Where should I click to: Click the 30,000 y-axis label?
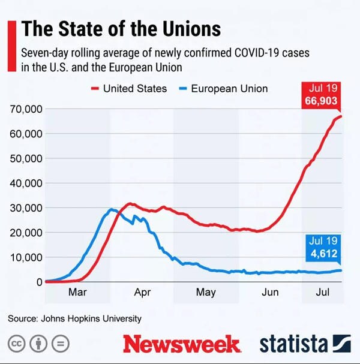(25, 208)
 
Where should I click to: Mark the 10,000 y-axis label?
(25, 257)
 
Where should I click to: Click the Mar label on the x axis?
(78, 293)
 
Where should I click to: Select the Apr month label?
(142, 293)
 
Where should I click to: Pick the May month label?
(206, 293)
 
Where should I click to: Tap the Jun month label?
(270, 293)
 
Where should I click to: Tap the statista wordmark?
(293, 344)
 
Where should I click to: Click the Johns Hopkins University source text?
(75, 318)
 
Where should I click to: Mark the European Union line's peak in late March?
(111, 209)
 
